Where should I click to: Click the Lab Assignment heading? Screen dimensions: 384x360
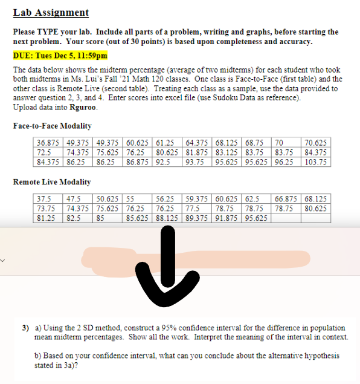pos(51,13)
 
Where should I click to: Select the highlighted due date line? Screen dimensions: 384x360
pos(60,56)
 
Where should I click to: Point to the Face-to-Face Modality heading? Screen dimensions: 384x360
pos(52,125)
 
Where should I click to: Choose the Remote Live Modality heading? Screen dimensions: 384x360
pos(51,181)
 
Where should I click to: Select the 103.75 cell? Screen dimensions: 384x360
pos(315,162)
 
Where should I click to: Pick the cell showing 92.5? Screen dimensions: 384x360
pos(165,162)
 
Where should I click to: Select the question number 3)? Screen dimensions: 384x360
pos(26,327)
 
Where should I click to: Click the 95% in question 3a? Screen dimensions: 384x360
pos(155,327)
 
